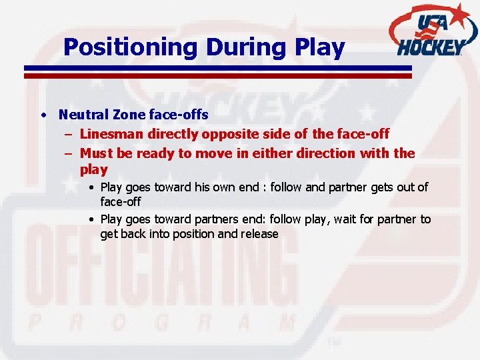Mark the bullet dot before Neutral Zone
pos(42,115)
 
